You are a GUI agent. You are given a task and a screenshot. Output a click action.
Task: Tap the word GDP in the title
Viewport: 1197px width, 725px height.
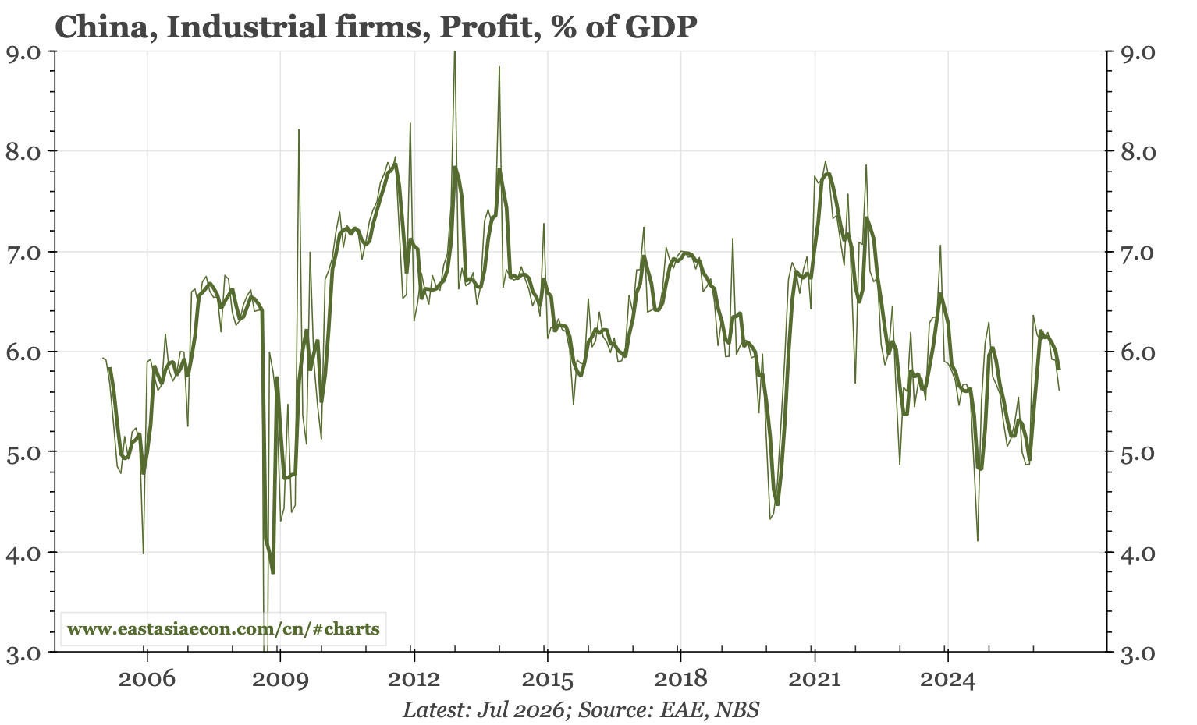click(x=661, y=27)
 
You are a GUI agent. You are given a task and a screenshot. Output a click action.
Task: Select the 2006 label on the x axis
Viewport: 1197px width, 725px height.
click(x=147, y=680)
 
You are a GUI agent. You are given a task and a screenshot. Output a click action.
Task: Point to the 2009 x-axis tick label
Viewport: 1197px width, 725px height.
click(x=280, y=680)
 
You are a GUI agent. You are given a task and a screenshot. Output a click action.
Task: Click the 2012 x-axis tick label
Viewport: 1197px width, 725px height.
click(x=414, y=680)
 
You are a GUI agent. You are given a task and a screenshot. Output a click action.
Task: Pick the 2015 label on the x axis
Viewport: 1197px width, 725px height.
click(x=547, y=680)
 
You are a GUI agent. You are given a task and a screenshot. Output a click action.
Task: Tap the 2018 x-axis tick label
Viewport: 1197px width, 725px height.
click(x=680, y=680)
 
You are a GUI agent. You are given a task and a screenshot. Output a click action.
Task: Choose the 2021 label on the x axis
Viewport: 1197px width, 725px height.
click(x=814, y=680)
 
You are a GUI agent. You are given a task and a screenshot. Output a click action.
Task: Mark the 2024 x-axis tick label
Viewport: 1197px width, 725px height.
click(x=947, y=680)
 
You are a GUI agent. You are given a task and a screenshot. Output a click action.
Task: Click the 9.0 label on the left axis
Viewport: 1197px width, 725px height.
click(x=23, y=51)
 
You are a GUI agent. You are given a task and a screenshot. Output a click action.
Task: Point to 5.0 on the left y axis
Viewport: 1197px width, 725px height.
click(x=23, y=452)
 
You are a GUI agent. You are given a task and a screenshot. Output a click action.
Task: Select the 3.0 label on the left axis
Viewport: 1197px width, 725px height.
click(x=23, y=652)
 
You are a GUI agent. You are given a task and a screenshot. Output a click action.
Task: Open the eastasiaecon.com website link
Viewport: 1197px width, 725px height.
click(x=223, y=628)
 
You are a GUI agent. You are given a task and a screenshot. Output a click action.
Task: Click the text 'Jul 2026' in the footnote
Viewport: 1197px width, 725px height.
click(x=520, y=709)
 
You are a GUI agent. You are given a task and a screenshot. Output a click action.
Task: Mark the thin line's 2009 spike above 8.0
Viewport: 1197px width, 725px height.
click(x=299, y=129)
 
